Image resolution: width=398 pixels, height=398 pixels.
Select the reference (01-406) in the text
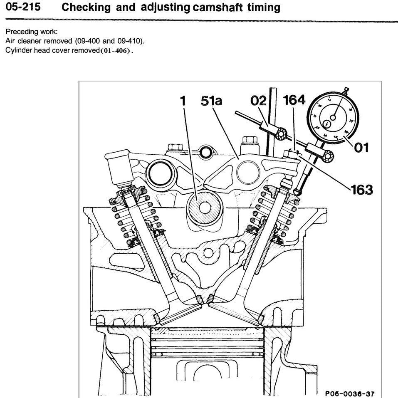pos(115,51)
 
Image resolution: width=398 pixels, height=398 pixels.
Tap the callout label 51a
pos(211,101)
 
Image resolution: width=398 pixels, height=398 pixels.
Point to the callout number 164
pos(294,100)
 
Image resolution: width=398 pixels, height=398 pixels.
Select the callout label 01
pos(361,147)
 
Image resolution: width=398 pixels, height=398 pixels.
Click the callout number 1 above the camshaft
pos(183,101)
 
